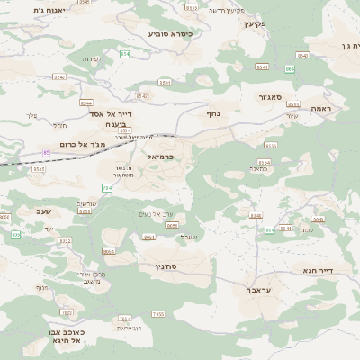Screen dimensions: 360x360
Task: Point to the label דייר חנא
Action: [x=319, y=269]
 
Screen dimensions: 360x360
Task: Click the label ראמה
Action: [x=321, y=107]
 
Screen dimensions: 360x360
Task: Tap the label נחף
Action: [x=213, y=114]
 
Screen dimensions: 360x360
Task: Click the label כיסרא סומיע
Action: [x=171, y=33]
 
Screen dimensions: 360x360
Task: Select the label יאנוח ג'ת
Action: [x=38, y=10]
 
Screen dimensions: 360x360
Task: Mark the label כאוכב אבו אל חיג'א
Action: [x=68, y=336]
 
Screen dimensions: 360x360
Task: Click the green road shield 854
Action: [x=125, y=54]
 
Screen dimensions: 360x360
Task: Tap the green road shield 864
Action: [x=289, y=68]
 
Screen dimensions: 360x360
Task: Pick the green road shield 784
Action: [x=107, y=187]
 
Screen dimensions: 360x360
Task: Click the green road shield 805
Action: [x=15, y=235]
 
